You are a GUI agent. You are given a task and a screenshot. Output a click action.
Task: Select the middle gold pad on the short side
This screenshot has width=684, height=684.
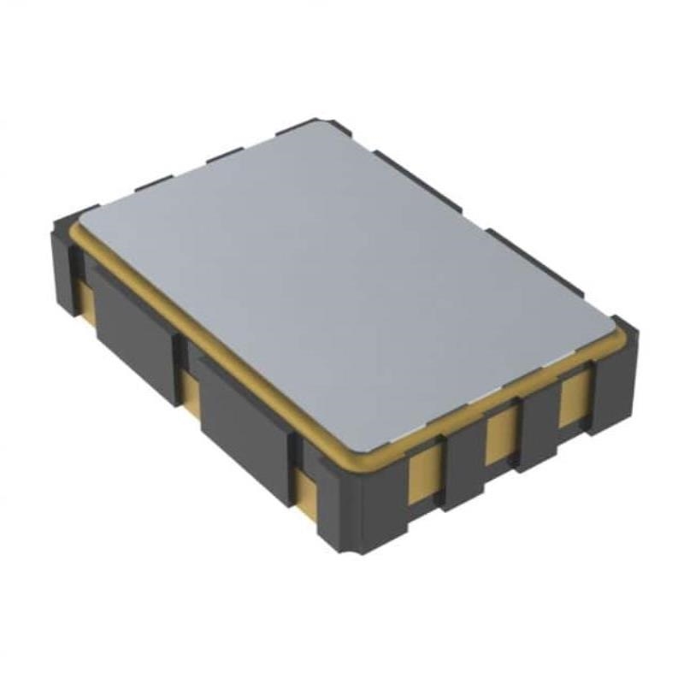point(500,433)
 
